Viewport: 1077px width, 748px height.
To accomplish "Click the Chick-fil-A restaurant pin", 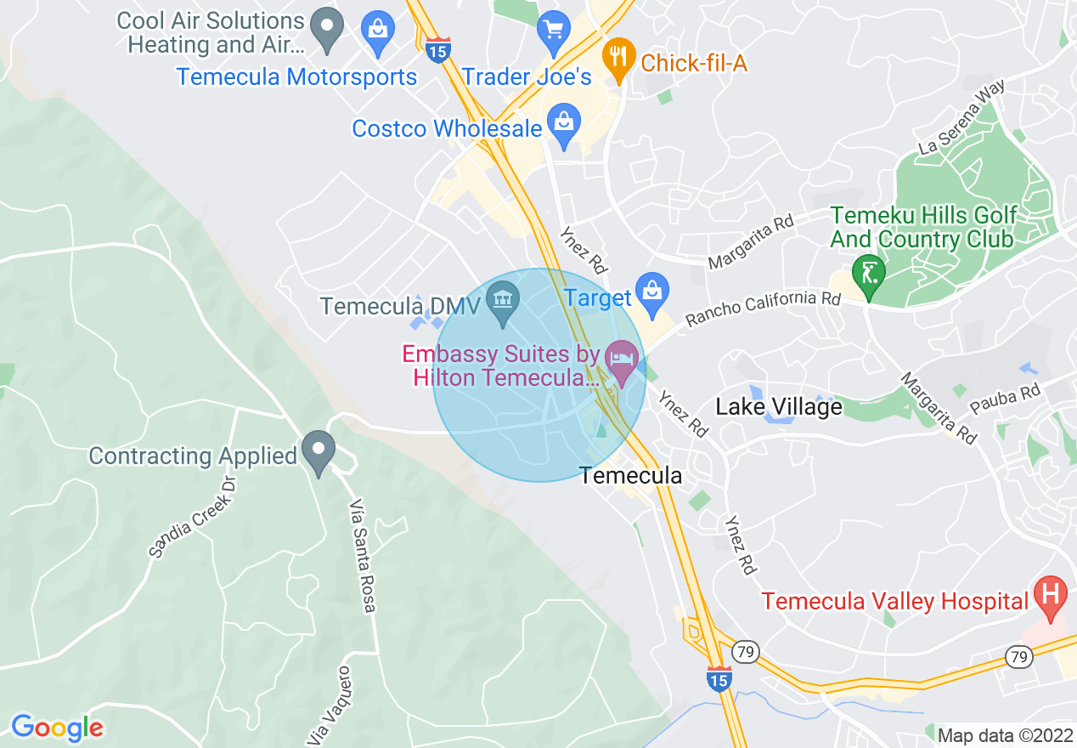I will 619,58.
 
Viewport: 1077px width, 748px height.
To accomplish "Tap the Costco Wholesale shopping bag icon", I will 563,124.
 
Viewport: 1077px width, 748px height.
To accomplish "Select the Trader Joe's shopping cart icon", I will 553,31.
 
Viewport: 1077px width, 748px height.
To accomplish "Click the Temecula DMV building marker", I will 503,302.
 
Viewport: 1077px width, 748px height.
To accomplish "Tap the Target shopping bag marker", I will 651,292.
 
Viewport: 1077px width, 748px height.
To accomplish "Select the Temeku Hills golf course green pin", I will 869,275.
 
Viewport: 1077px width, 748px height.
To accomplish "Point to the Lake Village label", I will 779,407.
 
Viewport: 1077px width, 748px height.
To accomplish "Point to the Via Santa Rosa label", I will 362,556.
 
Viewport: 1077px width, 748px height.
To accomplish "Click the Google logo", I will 57,728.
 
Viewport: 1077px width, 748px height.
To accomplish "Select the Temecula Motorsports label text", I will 296,76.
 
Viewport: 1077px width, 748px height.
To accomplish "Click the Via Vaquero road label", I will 327,704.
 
